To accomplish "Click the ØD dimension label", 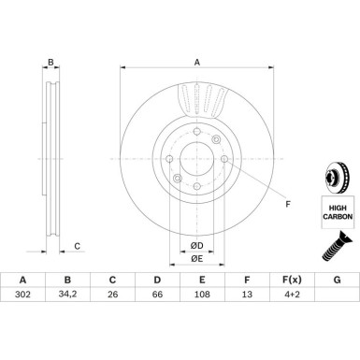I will pyautogui.click(x=197, y=246).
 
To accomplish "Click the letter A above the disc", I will pyautogui.click(x=197, y=63).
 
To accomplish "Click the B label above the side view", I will pyautogui.click(x=52, y=64).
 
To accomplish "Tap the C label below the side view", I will pyautogui.click(x=78, y=247).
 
